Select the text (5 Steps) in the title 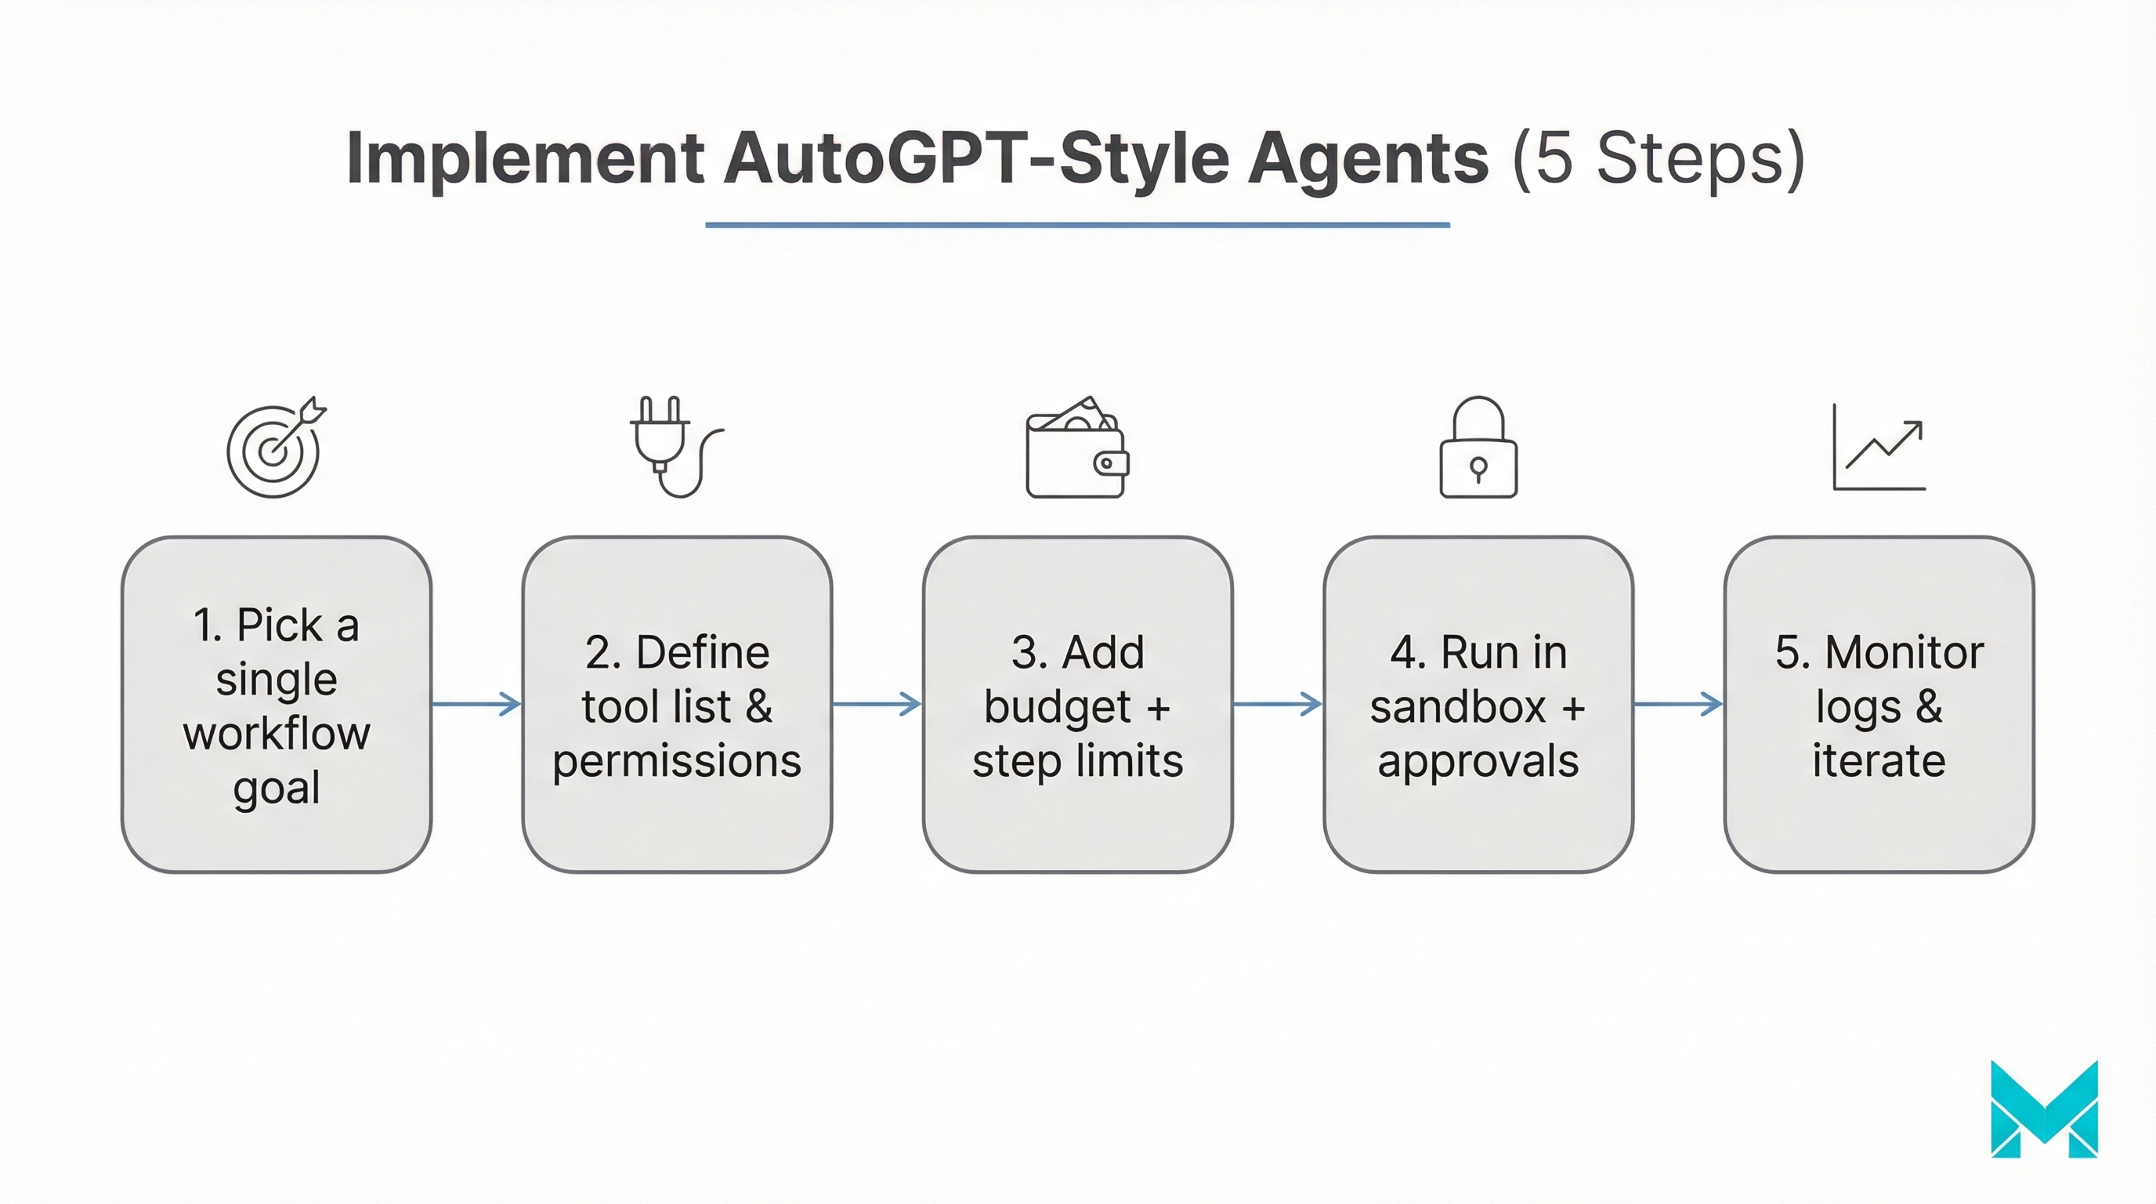click(x=1658, y=158)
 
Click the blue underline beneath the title click(x=1077, y=224)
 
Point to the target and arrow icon click(x=275, y=448)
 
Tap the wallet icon click(x=1077, y=448)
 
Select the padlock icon click(x=1478, y=448)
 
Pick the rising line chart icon click(x=1879, y=447)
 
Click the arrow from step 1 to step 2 click(x=476, y=703)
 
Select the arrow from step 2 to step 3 click(x=877, y=703)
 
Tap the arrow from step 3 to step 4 click(x=1277, y=703)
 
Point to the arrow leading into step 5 click(x=1678, y=703)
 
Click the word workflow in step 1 click(x=277, y=734)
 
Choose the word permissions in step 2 click(x=676, y=761)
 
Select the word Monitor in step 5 click(x=1903, y=652)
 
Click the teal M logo click(x=2044, y=1109)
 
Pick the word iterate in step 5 click(x=1879, y=761)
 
